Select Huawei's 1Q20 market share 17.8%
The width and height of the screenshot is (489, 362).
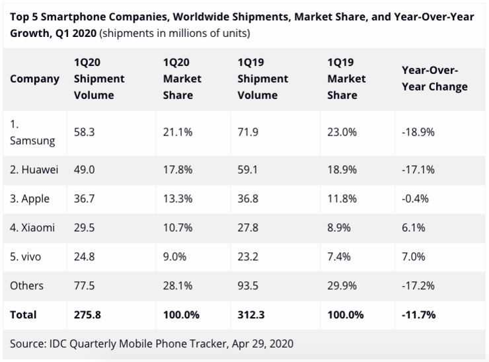178,170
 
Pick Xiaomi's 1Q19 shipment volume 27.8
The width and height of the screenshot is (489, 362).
248,228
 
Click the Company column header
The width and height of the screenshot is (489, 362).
35,78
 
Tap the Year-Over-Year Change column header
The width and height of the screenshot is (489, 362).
434,78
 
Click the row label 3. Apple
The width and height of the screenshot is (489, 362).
30,199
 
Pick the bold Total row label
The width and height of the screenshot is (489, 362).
24,315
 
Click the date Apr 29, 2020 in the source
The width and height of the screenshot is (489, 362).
260,344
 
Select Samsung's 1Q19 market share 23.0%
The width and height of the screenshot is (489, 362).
342,132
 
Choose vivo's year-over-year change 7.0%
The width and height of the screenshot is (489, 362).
414,256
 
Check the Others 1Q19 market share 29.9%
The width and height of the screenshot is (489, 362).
342,285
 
